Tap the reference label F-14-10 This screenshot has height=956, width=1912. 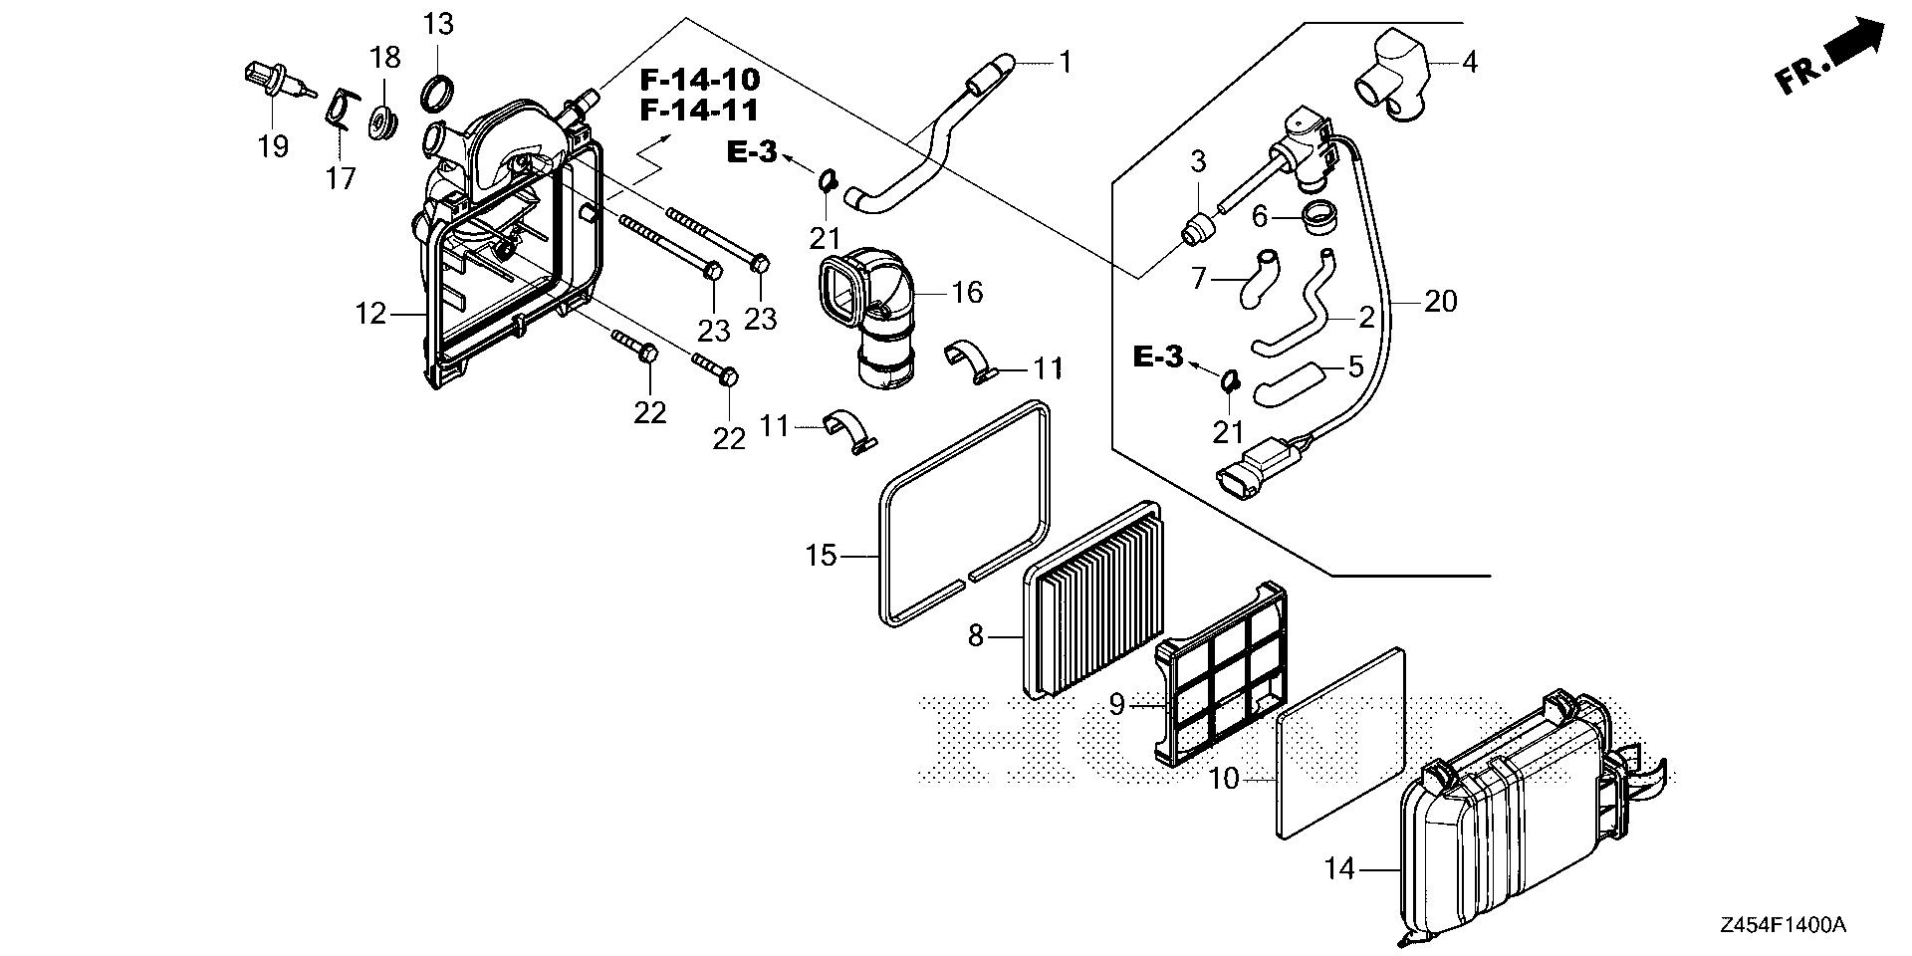click(x=699, y=79)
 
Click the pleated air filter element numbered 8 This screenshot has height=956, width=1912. click(x=1095, y=597)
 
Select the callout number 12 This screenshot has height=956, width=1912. click(x=370, y=314)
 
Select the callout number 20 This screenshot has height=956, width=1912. click(x=1440, y=300)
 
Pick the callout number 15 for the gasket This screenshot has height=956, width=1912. click(x=822, y=555)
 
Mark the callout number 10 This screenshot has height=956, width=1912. click(x=1224, y=778)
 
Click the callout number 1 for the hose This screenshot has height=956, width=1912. click(x=1065, y=63)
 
